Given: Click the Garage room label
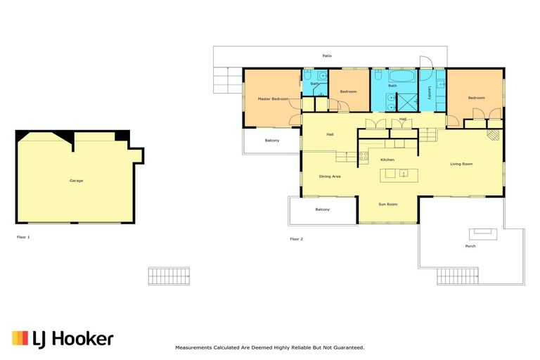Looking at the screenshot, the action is [76, 181].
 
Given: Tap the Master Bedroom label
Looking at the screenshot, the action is [273, 99].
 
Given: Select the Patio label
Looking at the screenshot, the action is [327, 56].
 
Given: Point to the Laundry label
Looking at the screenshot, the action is [430, 93].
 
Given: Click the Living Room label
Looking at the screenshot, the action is [461, 164].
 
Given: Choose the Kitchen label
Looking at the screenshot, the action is [387, 160].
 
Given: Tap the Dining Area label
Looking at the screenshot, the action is [330, 176].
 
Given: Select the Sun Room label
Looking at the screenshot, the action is [388, 205].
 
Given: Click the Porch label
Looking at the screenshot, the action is [470, 246].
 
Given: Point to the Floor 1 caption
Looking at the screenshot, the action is [23, 237].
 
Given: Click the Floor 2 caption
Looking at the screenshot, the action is [297, 239].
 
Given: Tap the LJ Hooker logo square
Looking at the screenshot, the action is [20, 338].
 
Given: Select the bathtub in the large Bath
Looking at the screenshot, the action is [402, 76].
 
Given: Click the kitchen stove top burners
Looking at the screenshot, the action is [364, 156].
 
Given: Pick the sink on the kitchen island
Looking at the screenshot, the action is [404, 173].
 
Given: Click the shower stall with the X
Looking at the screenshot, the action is [407, 103].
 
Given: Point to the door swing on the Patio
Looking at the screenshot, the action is [426, 62].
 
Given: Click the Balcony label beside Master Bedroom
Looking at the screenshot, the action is [272, 141].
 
